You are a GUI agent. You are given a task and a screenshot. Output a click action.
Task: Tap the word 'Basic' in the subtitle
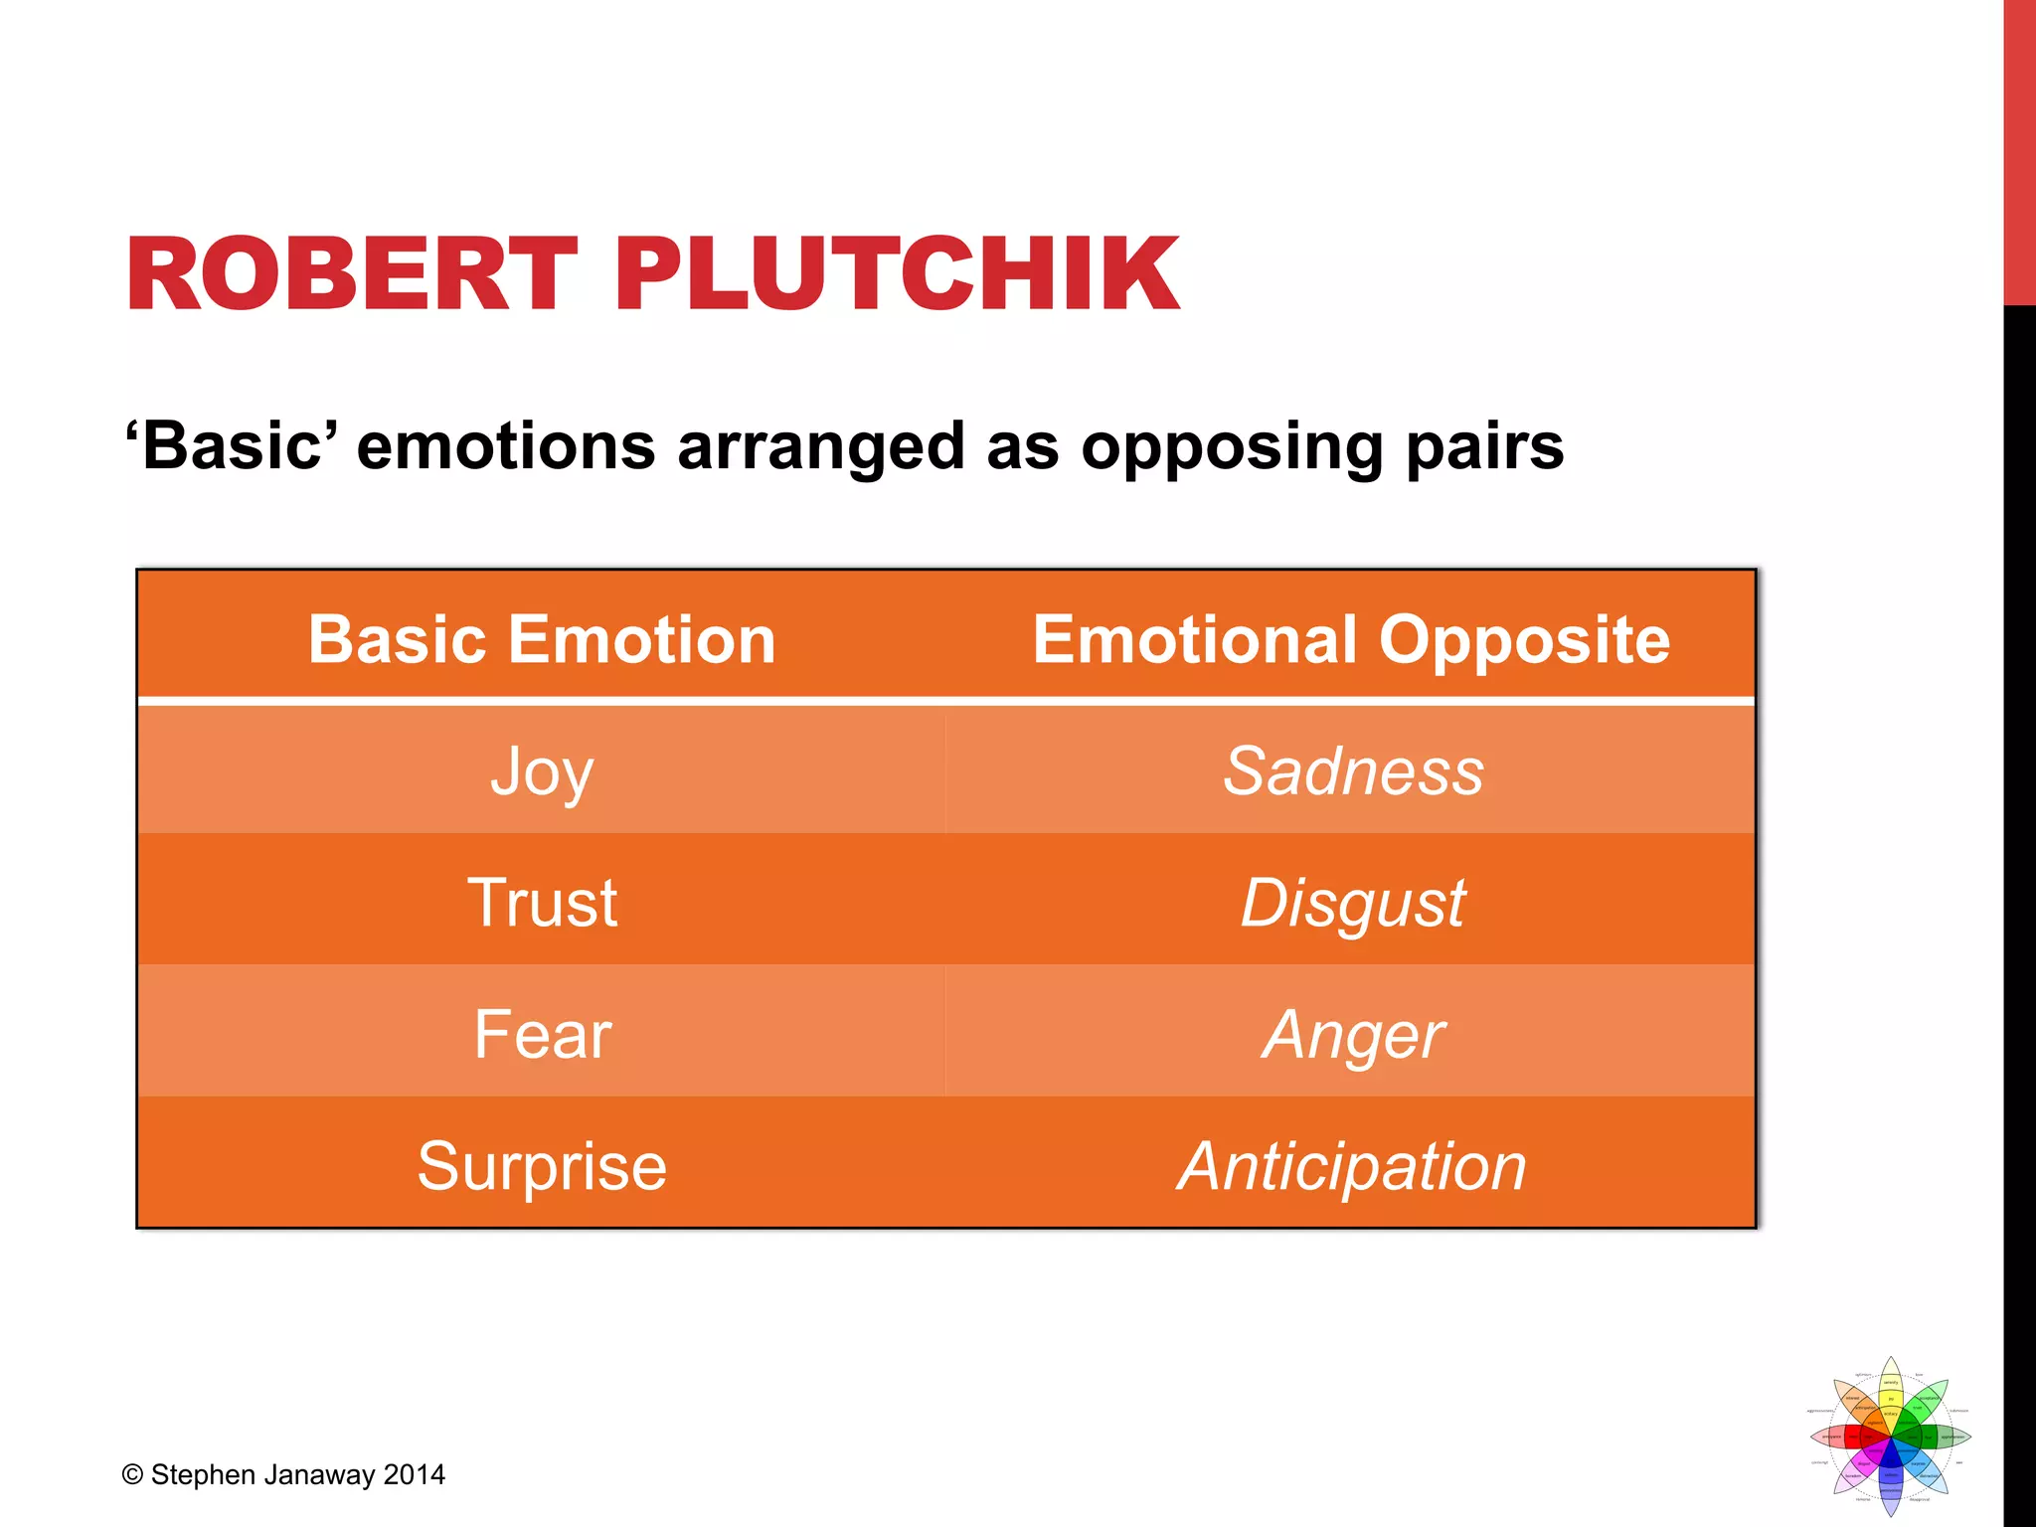[232, 445]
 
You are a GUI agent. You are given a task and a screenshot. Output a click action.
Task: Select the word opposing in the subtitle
[1232, 447]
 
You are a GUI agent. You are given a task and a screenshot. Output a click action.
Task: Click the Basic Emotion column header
[541, 639]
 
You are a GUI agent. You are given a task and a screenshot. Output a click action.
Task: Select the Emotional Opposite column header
[1351, 639]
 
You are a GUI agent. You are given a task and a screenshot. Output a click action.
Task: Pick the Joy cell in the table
[541, 771]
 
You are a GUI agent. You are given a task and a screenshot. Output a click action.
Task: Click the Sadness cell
[1352, 771]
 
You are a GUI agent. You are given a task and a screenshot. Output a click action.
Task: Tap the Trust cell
[541, 903]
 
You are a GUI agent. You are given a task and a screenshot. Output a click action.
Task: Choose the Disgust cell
[1352, 903]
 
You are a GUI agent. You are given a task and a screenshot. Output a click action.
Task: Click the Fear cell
[541, 1035]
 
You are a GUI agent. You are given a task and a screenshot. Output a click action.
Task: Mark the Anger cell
[1352, 1035]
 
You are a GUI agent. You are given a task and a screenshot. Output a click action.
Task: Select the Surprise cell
[541, 1166]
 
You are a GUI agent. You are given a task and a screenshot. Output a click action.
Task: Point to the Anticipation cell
[1352, 1166]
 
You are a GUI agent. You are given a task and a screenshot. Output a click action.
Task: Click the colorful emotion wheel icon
[1890, 1436]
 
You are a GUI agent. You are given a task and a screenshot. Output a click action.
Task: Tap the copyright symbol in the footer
[132, 1475]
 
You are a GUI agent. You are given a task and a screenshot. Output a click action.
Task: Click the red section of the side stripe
[2019, 149]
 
